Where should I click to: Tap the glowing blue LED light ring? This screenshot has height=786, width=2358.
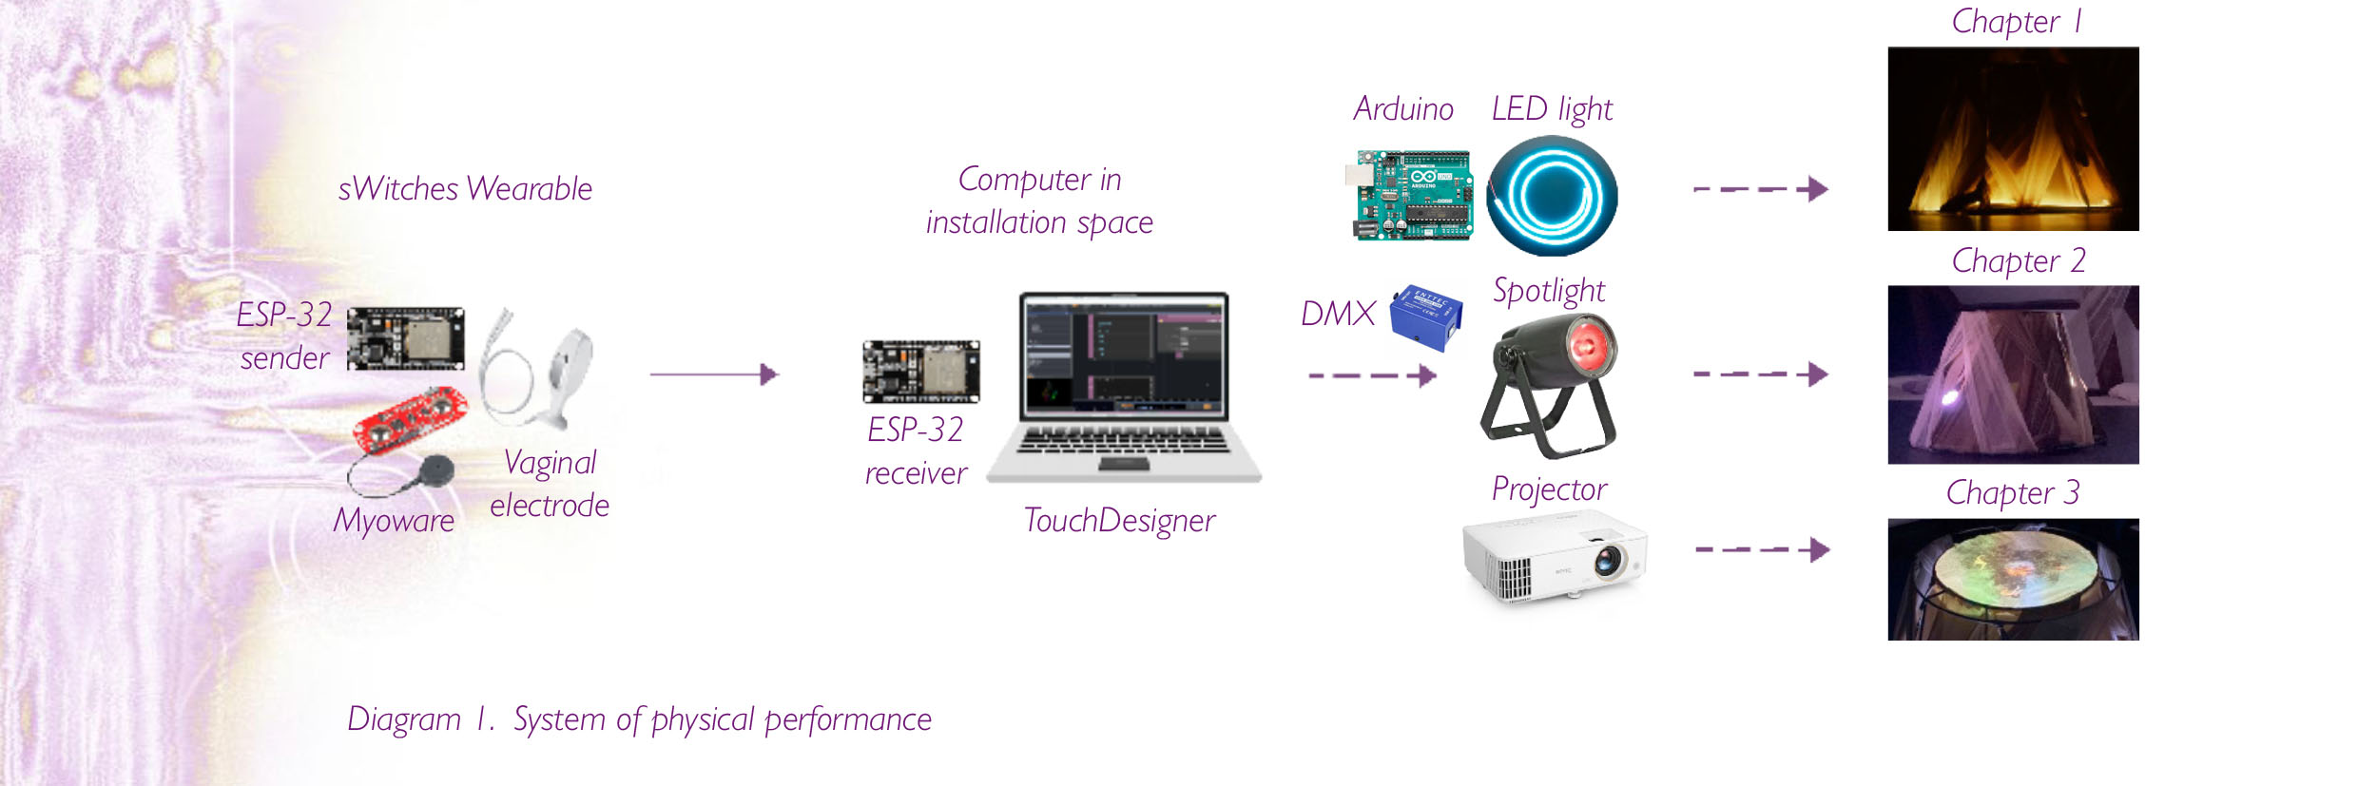(1552, 196)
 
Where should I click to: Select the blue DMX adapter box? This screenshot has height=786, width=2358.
(1425, 317)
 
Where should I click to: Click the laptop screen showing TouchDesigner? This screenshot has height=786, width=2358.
(1124, 355)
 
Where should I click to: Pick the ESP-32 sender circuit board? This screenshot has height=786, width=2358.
(406, 338)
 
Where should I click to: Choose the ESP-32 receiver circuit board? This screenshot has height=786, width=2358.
(920, 372)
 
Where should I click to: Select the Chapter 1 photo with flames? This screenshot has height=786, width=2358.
(2013, 139)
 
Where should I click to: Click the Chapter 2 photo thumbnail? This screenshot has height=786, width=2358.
(2013, 374)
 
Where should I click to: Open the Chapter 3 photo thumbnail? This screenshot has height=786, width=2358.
(2013, 579)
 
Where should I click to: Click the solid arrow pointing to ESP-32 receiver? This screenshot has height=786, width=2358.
(714, 374)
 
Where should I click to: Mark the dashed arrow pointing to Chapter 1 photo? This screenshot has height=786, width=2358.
(1760, 189)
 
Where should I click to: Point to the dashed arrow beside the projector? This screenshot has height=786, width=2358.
(1762, 549)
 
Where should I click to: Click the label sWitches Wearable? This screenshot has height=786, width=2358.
(465, 189)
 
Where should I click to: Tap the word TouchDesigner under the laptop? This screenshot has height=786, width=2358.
(1119, 521)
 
